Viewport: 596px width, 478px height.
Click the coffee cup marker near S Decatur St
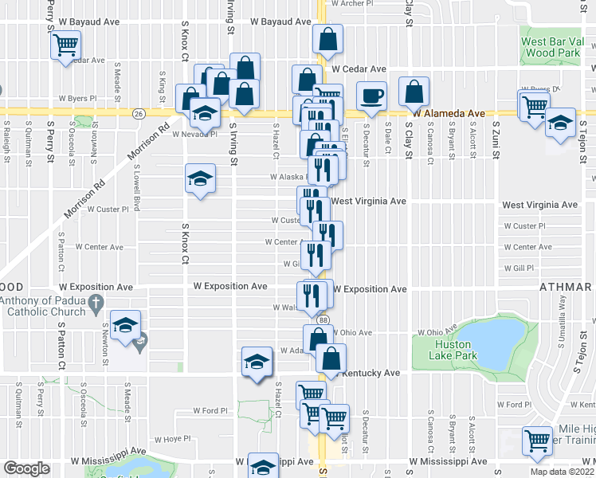[371, 96]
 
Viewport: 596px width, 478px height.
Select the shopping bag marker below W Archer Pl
[328, 39]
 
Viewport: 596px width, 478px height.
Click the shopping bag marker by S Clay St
[414, 92]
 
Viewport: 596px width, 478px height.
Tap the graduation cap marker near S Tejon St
[561, 123]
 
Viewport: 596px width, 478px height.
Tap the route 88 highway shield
[322, 319]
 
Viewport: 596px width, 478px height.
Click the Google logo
[26, 468]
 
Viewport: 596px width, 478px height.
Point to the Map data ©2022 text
[562, 472]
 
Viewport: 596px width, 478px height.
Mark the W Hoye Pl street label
[173, 438]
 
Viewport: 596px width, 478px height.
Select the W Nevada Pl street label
[194, 135]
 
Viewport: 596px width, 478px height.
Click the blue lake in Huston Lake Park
[494, 339]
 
